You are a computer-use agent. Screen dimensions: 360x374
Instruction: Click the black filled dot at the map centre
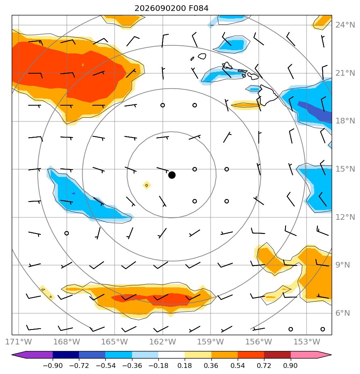(x=172, y=175)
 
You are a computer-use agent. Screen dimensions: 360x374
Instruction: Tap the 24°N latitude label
(x=345, y=25)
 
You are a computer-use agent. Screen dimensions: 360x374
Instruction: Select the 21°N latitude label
(x=345, y=73)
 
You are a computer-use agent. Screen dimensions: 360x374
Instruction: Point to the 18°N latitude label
(x=345, y=121)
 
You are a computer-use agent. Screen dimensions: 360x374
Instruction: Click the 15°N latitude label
(x=345, y=169)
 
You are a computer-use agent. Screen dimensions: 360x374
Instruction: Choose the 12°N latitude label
(x=345, y=217)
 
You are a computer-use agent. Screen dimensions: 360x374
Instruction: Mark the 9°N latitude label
(x=343, y=265)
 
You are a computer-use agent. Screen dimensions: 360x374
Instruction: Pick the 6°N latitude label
(x=343, y=313)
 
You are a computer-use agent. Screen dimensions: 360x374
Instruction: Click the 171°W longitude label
(x=19, y=342)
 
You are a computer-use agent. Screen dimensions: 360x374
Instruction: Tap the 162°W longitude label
(x=163, y=342)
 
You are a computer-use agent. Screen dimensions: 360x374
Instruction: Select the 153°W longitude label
(x=307, y=342)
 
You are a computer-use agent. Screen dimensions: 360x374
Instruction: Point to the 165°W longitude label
(x=115, y=342)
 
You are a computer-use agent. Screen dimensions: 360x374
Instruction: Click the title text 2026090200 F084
(x=172, y=8)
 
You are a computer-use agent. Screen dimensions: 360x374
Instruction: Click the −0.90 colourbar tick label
(x=53, y=365)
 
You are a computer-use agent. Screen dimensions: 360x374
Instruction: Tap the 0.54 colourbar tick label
(x=238, y=365)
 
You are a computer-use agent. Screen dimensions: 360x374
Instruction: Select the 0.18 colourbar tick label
(x=185, y=365)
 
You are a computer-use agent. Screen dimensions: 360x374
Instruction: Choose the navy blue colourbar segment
(x=66, y=355)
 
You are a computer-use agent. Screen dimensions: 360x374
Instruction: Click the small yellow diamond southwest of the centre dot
(x=147, y=185)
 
